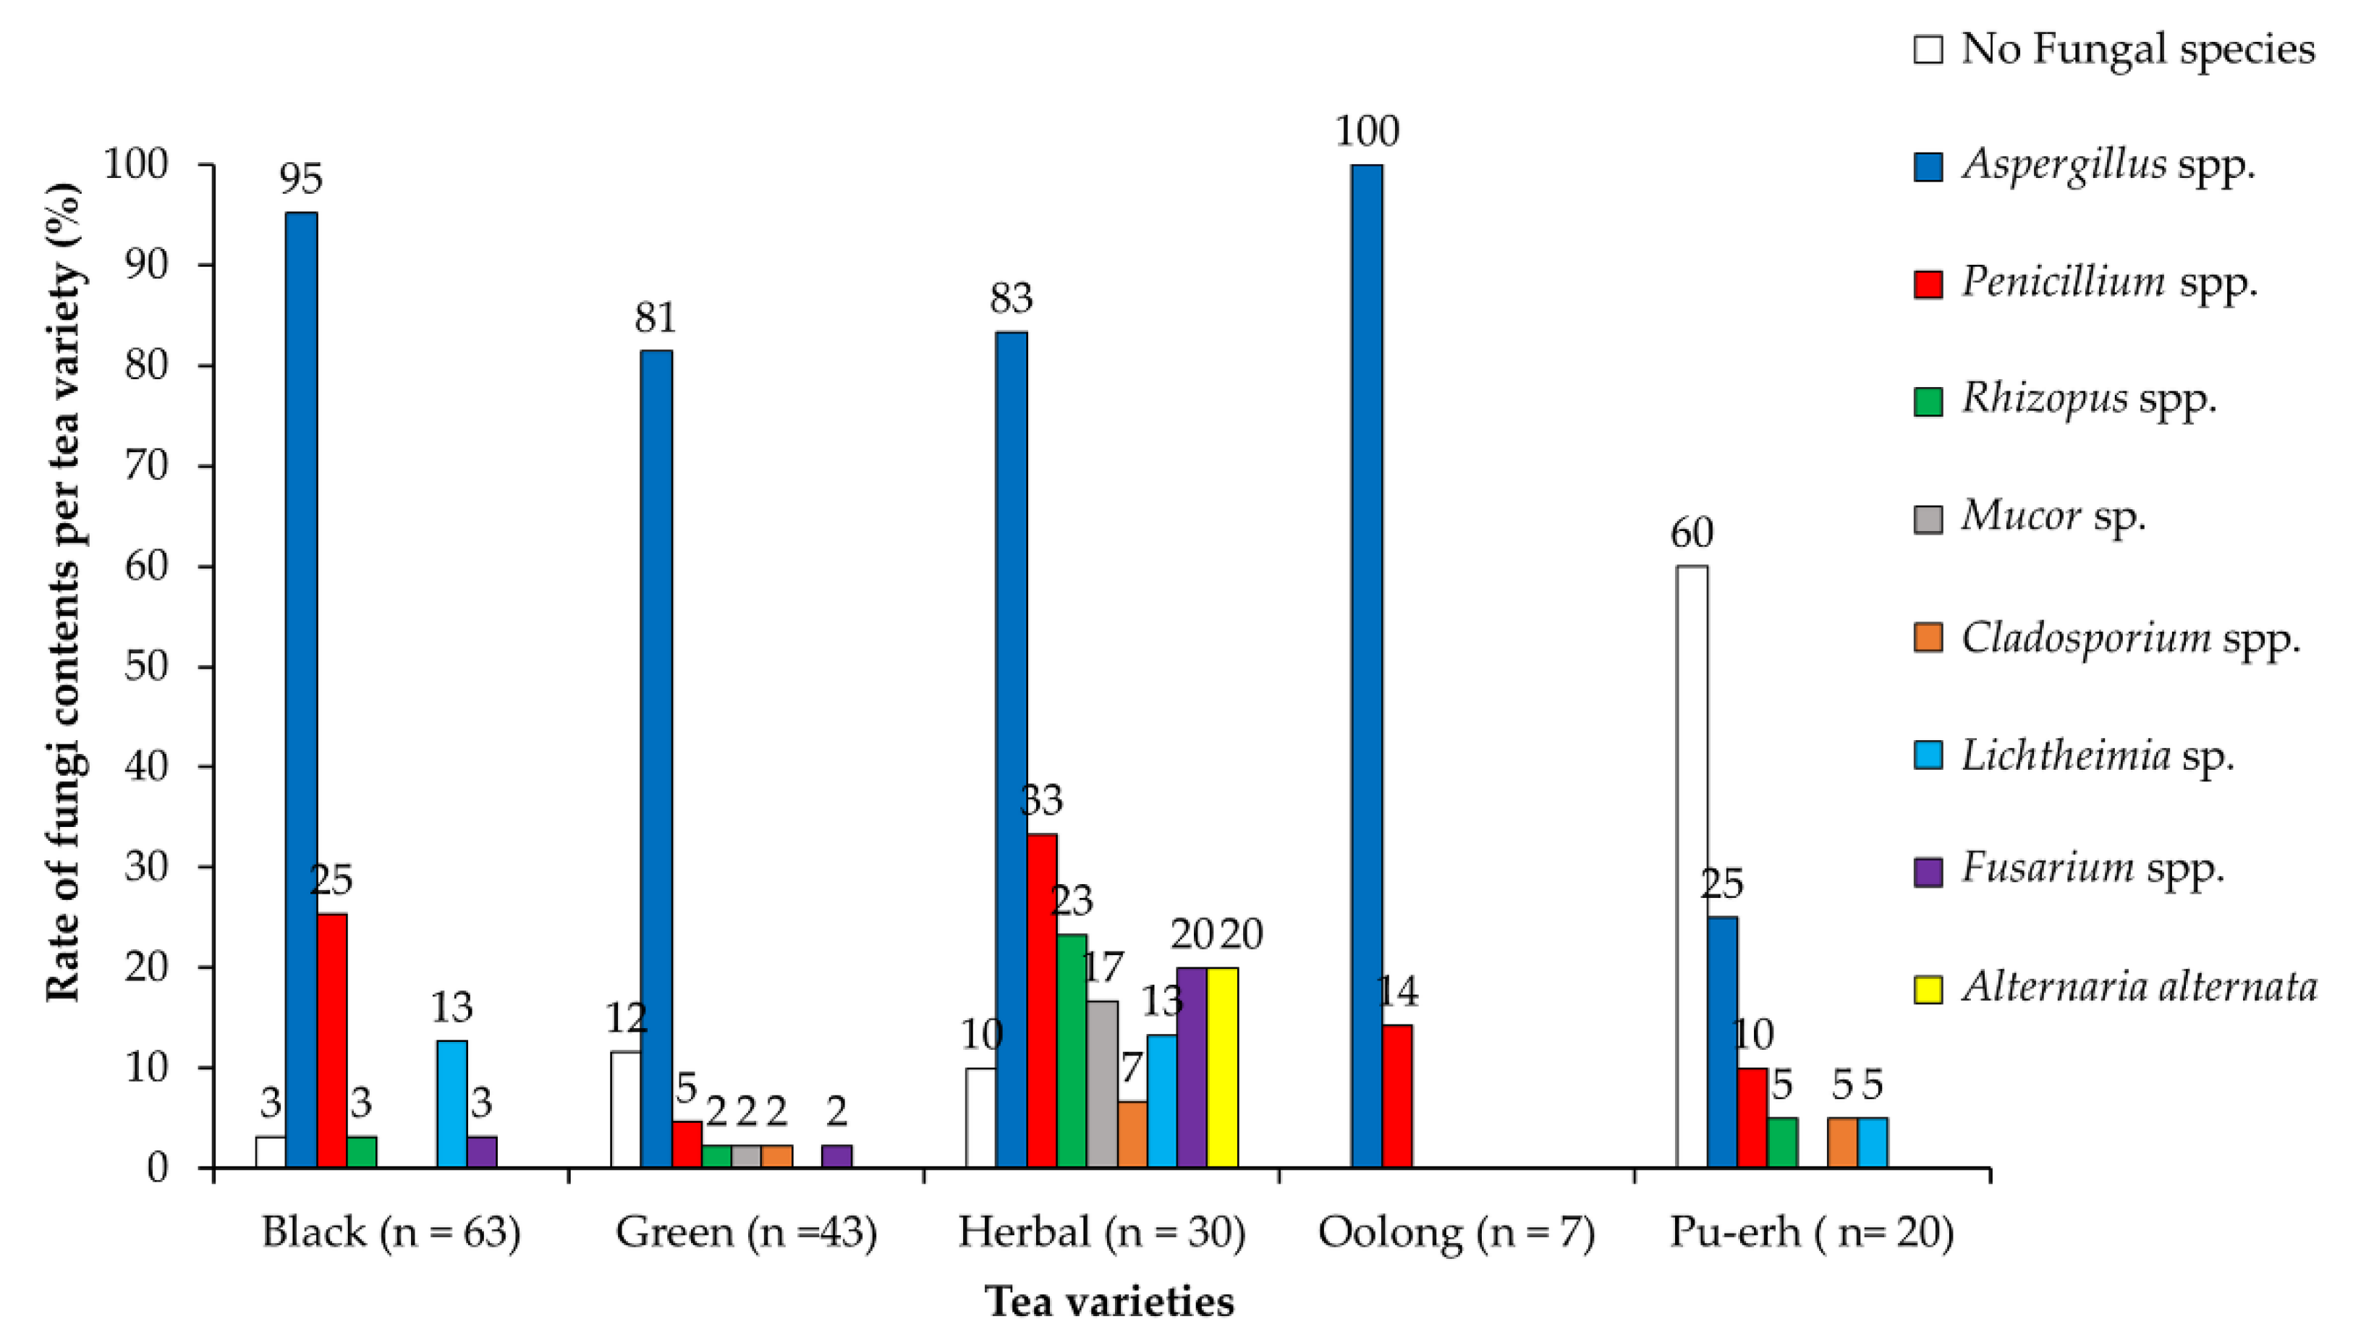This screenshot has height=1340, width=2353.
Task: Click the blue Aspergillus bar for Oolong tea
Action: [x=1367, y=666]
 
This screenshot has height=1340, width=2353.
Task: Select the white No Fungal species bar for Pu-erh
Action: [x=1692, y=866]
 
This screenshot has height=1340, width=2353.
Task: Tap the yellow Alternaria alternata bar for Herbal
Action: [x=1222, y=1067]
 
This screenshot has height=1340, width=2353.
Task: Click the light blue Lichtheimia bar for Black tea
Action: [x=451, y=1103]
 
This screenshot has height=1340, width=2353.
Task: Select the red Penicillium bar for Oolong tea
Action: [x=1397, y=1096]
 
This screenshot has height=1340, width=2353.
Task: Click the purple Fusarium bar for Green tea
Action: [x=836, y=1156]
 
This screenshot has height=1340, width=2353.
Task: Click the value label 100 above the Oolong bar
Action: [x=1367, y=132]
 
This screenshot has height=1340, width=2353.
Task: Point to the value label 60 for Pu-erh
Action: [x=1692, y=533]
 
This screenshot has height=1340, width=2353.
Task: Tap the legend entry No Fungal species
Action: [x=2114, y=48]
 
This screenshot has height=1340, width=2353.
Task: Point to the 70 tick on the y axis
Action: [x=146, y=466]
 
